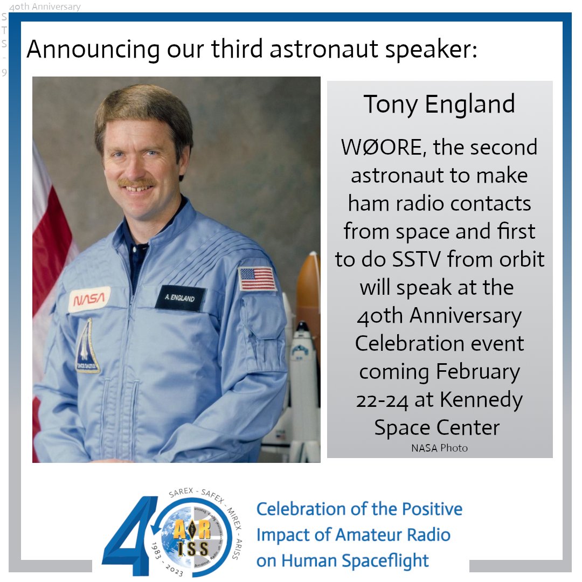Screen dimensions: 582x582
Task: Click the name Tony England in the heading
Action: click(x=439, y=104)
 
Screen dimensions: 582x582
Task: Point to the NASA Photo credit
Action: click(x=439, y=448)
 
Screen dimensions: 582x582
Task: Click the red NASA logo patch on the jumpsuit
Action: click(x=88, y=300)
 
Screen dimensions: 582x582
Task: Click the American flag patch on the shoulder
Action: click(x=258, y=279)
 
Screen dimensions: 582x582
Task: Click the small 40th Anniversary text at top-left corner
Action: click(x=45, y=7)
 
